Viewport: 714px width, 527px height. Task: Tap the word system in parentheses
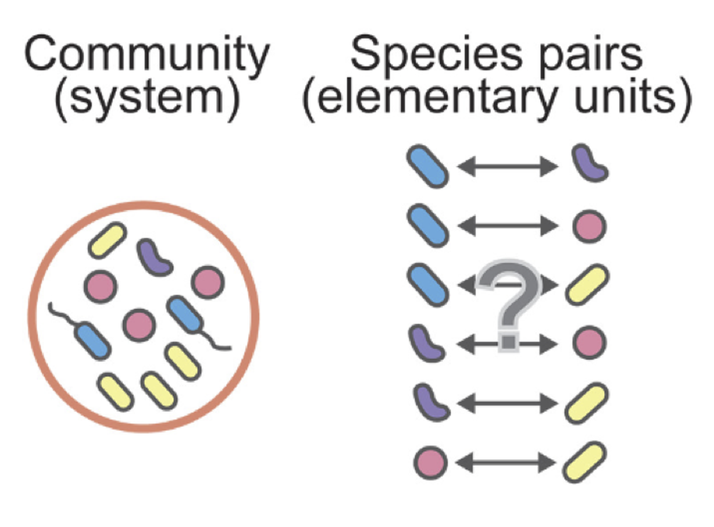(147, 98)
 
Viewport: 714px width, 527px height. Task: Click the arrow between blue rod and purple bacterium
(507, 167)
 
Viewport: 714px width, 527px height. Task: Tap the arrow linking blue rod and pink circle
(507, 226)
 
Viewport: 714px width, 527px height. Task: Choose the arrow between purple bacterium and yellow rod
(507, 403)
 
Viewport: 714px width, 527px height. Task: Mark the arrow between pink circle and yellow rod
(505, 463)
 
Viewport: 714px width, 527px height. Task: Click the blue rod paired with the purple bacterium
(427, 166)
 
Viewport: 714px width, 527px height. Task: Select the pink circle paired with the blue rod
(589, 227)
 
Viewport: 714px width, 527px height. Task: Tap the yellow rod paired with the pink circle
(585, 462)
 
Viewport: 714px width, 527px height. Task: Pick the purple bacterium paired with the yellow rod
(431, 403)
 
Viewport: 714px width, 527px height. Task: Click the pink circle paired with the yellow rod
(430, 463)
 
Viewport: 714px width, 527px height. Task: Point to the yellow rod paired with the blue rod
(587, 285)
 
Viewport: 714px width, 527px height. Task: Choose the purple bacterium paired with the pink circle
(427, 344)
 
